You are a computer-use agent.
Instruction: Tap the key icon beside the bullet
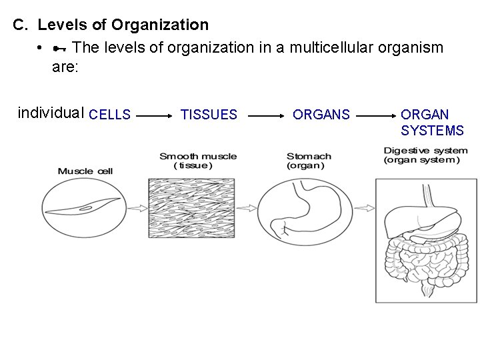[59, 48]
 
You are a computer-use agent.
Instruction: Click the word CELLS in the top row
[109, 115]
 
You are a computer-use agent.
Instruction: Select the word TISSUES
[209, 115]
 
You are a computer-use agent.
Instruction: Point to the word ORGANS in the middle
[321, 115]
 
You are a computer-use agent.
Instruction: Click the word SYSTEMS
[432, 130]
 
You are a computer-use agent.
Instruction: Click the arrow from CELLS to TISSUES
[155, 115]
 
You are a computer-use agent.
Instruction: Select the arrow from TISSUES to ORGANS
[266, 115]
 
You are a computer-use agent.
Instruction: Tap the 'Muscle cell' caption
[85, 171]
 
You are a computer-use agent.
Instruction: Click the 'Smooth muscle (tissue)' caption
[198, 161]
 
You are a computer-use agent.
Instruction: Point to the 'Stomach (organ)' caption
[309, 161]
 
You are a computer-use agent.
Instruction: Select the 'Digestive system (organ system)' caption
[425, 155]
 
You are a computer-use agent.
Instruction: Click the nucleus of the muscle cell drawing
[86, 209]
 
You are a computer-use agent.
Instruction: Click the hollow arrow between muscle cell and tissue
[137, 209]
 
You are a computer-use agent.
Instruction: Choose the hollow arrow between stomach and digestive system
[365, 209]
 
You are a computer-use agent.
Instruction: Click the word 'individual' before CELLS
[51, 113]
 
